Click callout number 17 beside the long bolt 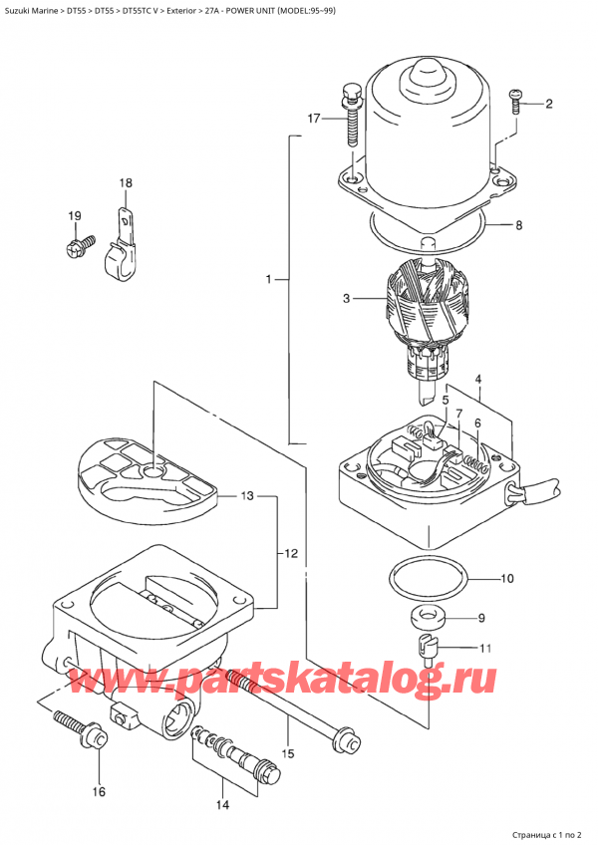313,120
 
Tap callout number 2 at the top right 548,103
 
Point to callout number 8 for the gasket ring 518,225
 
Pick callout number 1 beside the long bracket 269,282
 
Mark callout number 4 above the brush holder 478,379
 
